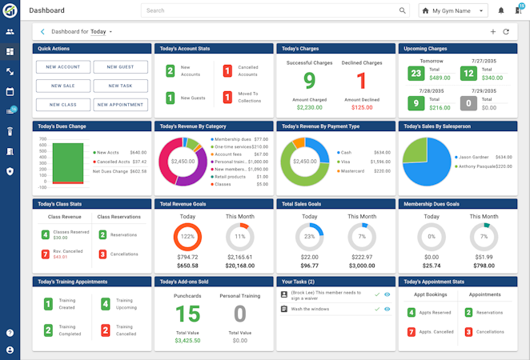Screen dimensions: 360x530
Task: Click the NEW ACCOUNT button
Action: point(62,66)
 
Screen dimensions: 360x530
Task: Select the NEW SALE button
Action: point(62,86)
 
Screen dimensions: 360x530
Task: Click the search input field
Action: point(272,11)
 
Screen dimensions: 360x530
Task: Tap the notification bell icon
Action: point(501,11)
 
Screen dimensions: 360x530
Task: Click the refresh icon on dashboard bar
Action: point(506,32)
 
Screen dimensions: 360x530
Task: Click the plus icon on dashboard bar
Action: point(493,32)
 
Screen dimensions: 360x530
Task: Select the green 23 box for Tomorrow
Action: point(415,74)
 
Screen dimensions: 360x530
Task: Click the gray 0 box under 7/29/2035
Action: point(469,103)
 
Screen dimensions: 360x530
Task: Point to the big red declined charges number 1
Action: point(361,80)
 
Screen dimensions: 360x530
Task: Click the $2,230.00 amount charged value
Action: point(309,106)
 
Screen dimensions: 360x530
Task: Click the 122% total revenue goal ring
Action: point(187,237)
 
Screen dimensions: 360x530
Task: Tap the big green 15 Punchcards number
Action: point(187,314)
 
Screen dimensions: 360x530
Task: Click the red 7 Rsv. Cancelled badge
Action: point(46,254)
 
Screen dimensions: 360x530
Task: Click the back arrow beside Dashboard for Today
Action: point(42,32)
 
